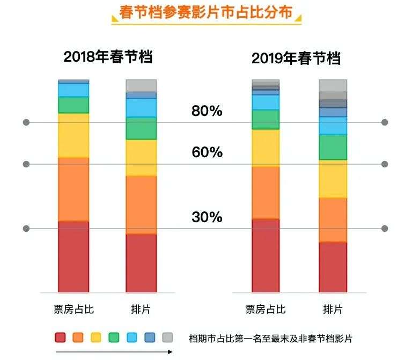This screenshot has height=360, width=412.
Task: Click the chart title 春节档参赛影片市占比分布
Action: point(206,12)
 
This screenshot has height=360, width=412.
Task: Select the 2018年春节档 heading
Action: point(108,57)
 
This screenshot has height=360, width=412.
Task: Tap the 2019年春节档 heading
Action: point(296,58)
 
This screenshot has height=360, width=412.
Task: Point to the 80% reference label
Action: point(207,111)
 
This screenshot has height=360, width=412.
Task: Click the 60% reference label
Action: point(207,152)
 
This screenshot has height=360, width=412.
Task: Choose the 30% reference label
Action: point(207,217)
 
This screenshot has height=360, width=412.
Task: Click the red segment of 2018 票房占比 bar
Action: point(73,256)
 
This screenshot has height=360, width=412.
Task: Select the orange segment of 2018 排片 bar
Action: point(141,204)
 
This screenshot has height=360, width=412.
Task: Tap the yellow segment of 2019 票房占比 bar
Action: point(266,148)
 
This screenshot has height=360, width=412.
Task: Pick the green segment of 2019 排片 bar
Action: point(333,147)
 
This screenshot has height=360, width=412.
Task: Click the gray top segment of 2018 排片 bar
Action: point(141,85)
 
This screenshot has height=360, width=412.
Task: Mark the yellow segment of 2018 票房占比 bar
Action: point(73,135)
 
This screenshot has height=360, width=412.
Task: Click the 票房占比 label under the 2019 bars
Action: point(266,310)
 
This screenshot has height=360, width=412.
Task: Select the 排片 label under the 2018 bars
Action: point(141,310)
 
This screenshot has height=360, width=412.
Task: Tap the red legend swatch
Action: point(60,337)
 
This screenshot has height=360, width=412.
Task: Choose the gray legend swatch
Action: point(167,337)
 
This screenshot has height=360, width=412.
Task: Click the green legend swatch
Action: point(114,337)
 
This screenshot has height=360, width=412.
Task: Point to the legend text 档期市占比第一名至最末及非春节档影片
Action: point(271,338)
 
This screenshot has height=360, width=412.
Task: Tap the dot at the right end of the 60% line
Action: point(385,164)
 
